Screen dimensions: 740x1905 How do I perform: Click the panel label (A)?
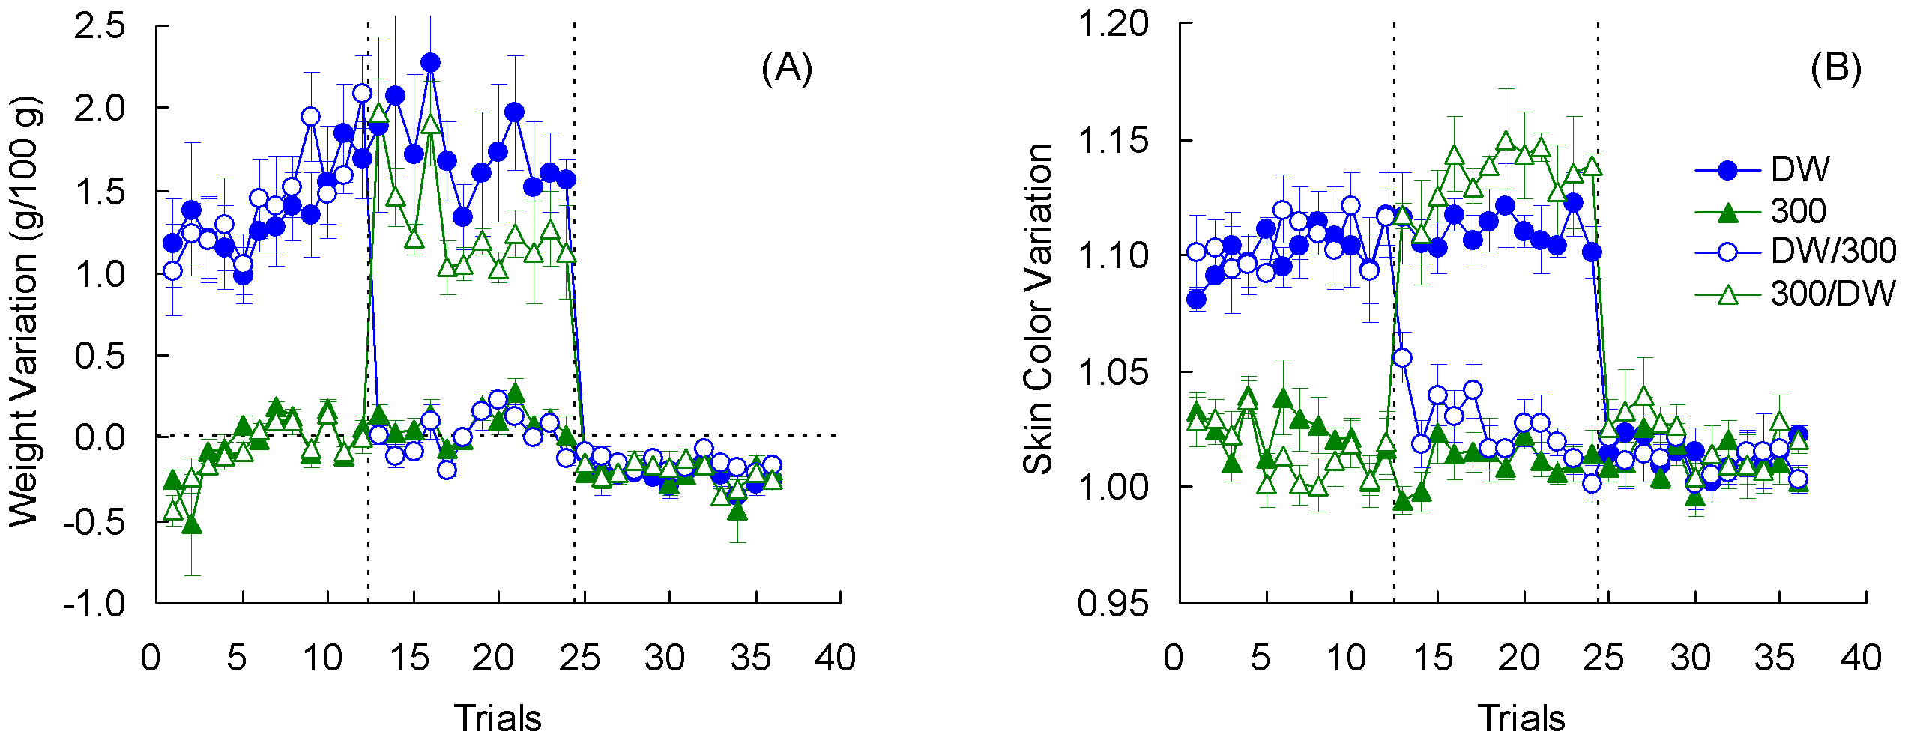(786, 69)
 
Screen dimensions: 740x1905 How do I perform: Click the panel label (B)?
(1835, 69)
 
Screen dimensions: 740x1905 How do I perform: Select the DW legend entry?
(1799, 170)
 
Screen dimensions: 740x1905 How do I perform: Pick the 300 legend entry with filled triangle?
(1797, 212)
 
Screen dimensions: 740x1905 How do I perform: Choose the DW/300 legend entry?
(1832, 252)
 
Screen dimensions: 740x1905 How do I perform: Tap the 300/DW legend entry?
(1832, 294)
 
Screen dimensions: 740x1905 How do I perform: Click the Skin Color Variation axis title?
(1038, 309)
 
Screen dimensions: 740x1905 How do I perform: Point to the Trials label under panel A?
(498, 718)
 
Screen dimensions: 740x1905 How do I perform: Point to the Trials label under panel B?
(1521, 718)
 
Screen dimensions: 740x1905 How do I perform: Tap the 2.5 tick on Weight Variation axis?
(100, 26)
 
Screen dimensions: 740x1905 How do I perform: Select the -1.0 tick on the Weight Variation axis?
(94, 604)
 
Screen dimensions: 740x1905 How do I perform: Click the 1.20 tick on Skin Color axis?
(1112, 24)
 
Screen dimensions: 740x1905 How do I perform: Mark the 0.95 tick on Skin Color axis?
(1112, 604)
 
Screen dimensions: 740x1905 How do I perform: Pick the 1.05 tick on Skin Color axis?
(1112, 371)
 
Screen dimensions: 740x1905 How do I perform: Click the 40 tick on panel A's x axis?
(836, 658)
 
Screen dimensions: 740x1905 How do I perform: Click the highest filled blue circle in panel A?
(430, 63)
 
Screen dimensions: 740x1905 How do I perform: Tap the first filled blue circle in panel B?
(1197, 300)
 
